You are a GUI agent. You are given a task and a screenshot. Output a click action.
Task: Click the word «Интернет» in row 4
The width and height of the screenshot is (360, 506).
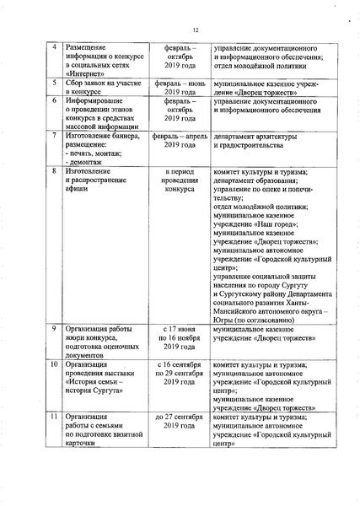tap(85, 74)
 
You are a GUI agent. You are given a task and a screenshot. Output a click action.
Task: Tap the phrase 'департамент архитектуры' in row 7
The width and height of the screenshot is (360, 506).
tap(256, 135)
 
